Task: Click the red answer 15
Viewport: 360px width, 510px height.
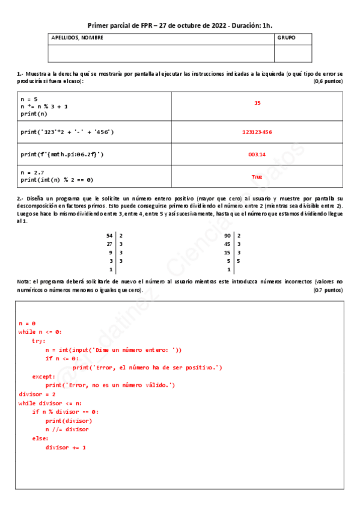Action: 257,103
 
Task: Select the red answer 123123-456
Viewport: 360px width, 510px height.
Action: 257,132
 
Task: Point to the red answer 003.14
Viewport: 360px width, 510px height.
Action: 257,155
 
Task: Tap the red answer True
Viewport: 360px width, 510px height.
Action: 257,177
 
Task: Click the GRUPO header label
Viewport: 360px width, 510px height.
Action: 286,37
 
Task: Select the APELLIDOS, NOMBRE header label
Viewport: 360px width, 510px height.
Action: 77,37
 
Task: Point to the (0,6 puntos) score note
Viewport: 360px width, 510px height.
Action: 328,81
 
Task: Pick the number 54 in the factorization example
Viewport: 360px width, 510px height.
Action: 109,236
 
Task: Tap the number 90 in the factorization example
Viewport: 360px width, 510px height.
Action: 227,236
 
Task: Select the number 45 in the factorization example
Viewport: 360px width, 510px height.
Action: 227,244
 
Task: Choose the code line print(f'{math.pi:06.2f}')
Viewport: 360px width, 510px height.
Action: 62,155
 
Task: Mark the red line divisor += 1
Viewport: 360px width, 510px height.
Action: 66,447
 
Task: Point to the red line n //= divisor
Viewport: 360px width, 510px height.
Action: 67,429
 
